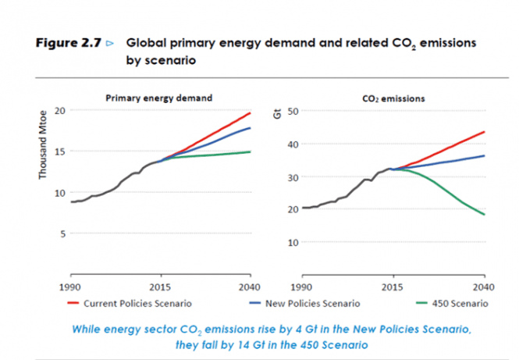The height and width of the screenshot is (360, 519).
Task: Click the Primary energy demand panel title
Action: point(158,98)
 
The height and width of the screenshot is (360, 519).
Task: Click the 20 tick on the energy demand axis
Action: point(59,110)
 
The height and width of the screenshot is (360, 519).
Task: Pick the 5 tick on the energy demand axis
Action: point(62,233)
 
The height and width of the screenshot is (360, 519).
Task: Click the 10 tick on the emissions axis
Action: point(294,242)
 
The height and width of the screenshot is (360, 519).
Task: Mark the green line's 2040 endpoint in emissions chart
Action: point(483,215)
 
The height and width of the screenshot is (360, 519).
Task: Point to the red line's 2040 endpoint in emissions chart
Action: point(483,132)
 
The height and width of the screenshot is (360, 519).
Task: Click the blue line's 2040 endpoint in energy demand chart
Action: point(250,128)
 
